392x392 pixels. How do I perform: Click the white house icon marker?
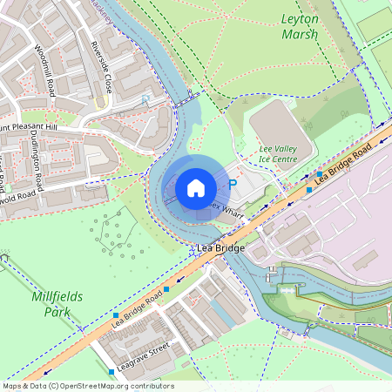(x=196, y=187)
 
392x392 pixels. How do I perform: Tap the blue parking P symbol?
(x=232, y=186)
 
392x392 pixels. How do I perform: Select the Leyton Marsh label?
(x=300, y=26)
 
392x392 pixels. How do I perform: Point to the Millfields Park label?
(x=57, y=303)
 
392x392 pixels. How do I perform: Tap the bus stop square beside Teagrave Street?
(x=112, y=372)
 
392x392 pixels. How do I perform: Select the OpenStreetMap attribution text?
(x=87, y=386)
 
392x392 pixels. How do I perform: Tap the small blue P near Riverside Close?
(x=144, y=100)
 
